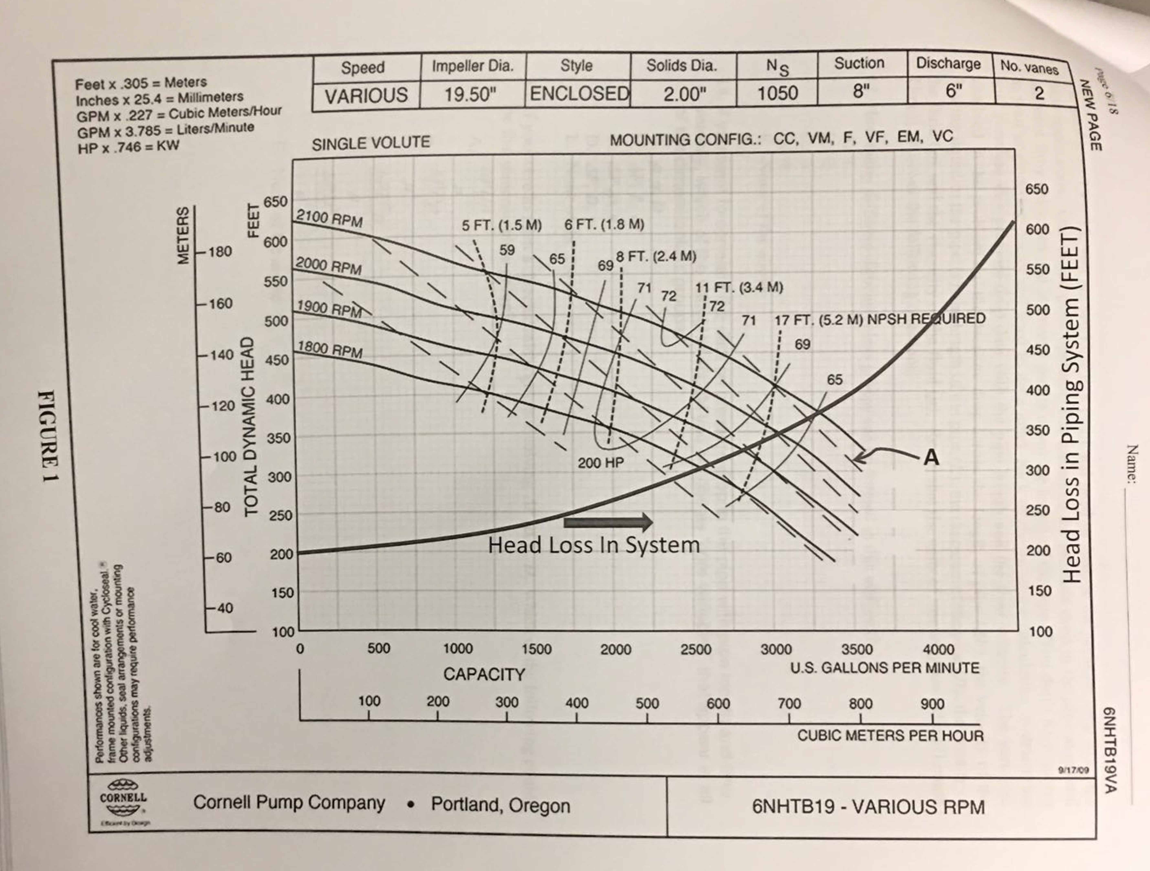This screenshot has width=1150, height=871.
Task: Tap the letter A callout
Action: point(931,458)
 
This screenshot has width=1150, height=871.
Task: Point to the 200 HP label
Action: point(600,462)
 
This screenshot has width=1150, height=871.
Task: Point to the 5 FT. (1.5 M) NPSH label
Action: point(501,225)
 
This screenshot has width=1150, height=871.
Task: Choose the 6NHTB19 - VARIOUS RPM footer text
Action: point(868,807)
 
